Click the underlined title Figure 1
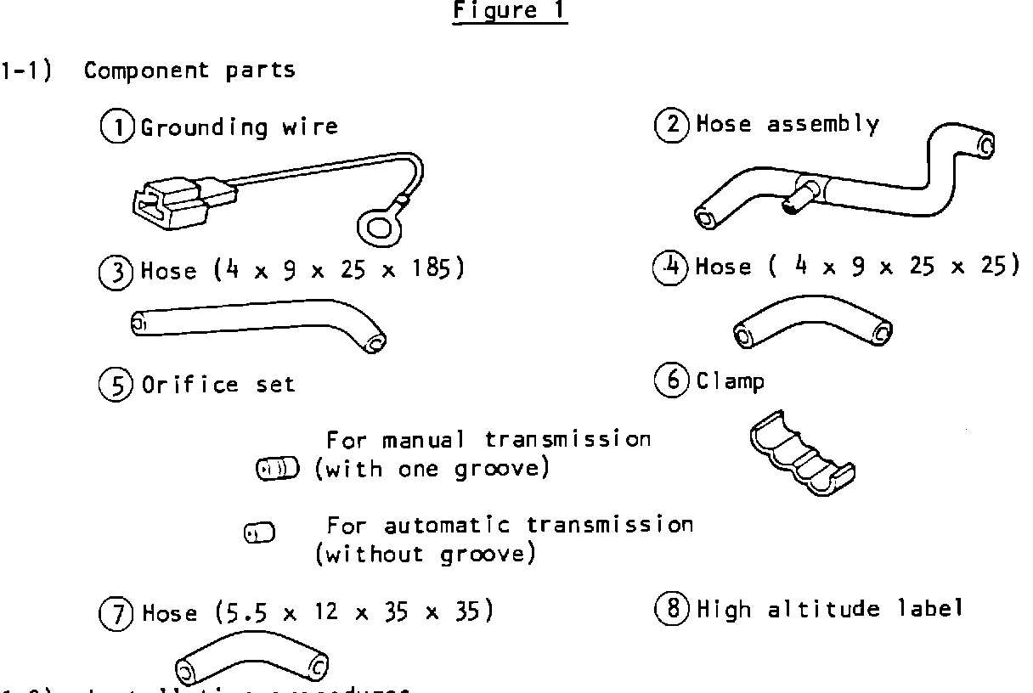(x=510, y=12)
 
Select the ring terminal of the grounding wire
(x=374, y=227)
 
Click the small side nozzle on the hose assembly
(x=794, y=203)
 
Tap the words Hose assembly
(x=787, y=125)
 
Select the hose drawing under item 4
(x=812, y=323)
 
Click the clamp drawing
(x=802, y=455)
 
